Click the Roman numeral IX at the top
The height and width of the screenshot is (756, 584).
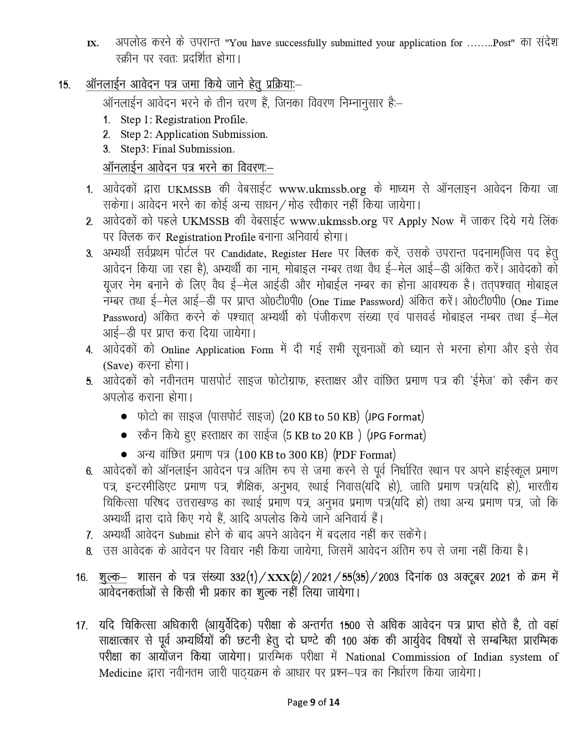click(93, 44)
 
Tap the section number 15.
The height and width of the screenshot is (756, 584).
click(64, 85)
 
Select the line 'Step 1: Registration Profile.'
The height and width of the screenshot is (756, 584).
click(184, 120)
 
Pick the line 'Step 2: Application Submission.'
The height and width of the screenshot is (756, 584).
click(194, 134)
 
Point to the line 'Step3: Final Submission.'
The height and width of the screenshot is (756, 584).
click(177, 149)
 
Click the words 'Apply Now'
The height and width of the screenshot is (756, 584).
click(426, 221)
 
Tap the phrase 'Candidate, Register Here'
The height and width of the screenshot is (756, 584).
click(277, 253)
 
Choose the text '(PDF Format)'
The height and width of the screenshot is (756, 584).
click(364, 455)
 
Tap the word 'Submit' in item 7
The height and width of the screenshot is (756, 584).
click(184, 535)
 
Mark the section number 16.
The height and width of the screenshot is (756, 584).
click(82, 578)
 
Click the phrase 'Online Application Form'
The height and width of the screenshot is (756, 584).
click(217, 350)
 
